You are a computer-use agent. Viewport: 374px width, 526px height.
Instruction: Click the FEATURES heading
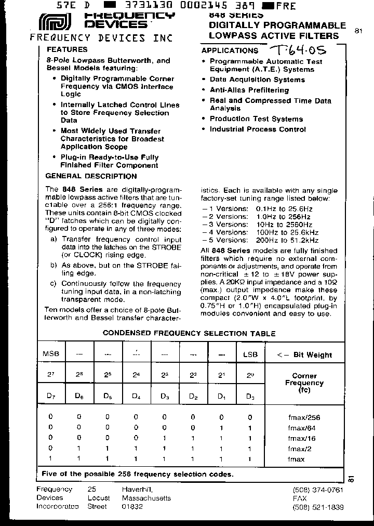tap(67, 50)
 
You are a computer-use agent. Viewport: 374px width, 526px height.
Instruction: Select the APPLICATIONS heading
tap(230, 50)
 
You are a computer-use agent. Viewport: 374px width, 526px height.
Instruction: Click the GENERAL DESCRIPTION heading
tap(91, 176)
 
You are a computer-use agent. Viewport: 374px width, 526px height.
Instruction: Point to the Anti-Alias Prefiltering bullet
tap(249, 90)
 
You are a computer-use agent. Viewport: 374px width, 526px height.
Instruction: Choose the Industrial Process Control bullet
tap(258, 129)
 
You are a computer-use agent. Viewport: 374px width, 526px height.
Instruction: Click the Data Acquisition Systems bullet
tap(257, 80)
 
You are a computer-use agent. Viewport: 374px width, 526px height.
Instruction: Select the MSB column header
tap(50, 354)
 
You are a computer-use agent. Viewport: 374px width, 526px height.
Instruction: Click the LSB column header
tap(250, 354)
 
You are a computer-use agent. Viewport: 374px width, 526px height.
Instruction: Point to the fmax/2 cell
tap(304, 449)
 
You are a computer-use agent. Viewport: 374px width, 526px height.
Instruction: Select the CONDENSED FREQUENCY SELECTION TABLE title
tap(189, 334)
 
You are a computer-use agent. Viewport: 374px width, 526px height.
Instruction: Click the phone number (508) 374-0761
tap(318, 490)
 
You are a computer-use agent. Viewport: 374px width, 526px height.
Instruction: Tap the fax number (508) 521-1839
tap(318, 507)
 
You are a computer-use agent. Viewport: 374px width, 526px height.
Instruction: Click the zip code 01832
tap(132, 507)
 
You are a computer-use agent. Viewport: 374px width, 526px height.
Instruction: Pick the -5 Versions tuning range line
tap(260, 241)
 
